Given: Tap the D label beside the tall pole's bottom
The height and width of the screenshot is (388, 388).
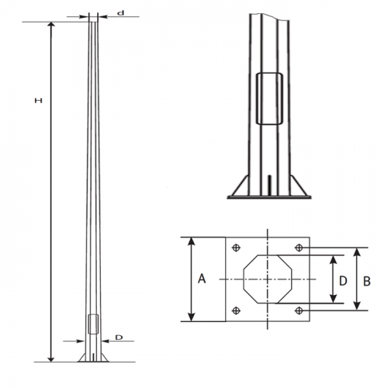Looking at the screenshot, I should pos(119,338).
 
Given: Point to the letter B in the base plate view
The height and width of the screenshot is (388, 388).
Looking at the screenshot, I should pos(366,279).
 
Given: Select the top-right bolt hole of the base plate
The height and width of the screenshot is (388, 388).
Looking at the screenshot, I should pos(299,248).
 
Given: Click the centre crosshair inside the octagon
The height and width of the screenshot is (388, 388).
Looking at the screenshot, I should pos(268,279).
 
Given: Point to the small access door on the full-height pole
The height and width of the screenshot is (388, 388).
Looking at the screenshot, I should pos(92,325).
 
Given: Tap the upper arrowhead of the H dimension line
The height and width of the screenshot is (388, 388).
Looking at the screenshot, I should pos(52,26).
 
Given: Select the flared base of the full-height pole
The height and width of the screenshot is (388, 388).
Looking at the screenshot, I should pos(92,355).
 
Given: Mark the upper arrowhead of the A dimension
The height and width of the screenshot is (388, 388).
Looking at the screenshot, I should pos(189,241).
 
